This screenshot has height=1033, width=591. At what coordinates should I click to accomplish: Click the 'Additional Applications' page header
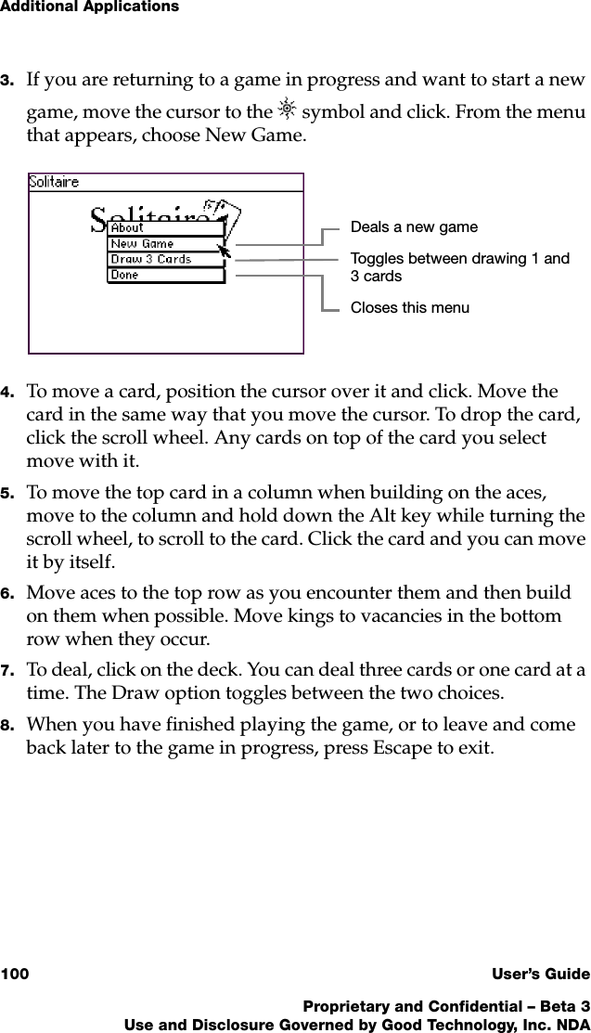[x=89, y=7]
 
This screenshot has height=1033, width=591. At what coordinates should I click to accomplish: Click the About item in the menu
[x=128, y=227]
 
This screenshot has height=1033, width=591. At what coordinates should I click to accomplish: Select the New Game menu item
[x=142, y=243]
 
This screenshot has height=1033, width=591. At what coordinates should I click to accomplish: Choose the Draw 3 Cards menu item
[x=150, y=259]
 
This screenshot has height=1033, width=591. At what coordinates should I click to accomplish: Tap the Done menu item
[x=124, y=275]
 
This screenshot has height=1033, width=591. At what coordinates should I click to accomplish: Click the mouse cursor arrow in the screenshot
[x=224, y=250]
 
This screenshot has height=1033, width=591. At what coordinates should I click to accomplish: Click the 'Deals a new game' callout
[x=414, y=226]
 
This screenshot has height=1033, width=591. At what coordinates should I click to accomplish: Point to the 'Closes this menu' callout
[x=409, y=307]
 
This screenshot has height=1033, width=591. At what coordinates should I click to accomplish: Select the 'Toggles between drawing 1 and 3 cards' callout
[x=459, y=267]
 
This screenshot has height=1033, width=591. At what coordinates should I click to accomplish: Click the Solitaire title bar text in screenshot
[x=54, y=182]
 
